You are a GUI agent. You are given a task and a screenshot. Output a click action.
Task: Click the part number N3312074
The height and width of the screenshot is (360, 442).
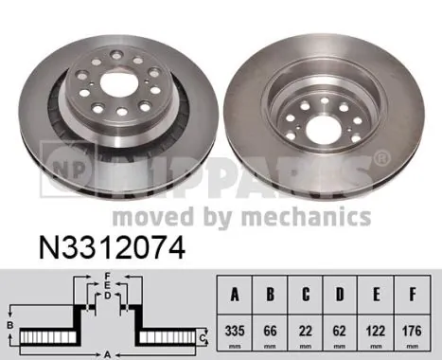(112, 248)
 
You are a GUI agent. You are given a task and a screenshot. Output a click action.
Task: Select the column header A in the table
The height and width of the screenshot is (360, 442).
(235, 295)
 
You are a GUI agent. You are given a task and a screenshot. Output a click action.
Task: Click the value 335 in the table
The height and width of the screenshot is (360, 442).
(235, 331)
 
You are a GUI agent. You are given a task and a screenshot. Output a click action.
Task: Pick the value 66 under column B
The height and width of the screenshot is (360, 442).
(270, 331)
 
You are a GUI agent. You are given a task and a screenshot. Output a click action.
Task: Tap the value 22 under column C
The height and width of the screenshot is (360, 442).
(306, 331)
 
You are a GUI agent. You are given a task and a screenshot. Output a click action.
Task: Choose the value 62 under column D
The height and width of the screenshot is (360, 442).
(340, 331)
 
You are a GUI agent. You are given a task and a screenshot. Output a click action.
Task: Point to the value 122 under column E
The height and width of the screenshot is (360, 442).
(376, 331)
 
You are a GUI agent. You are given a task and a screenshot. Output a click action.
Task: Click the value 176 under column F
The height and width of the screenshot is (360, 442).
(412, 331)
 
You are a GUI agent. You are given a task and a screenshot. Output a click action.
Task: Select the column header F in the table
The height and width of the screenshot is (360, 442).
(413, 295)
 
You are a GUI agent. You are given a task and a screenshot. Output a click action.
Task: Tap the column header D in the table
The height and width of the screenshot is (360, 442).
(340, 295)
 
